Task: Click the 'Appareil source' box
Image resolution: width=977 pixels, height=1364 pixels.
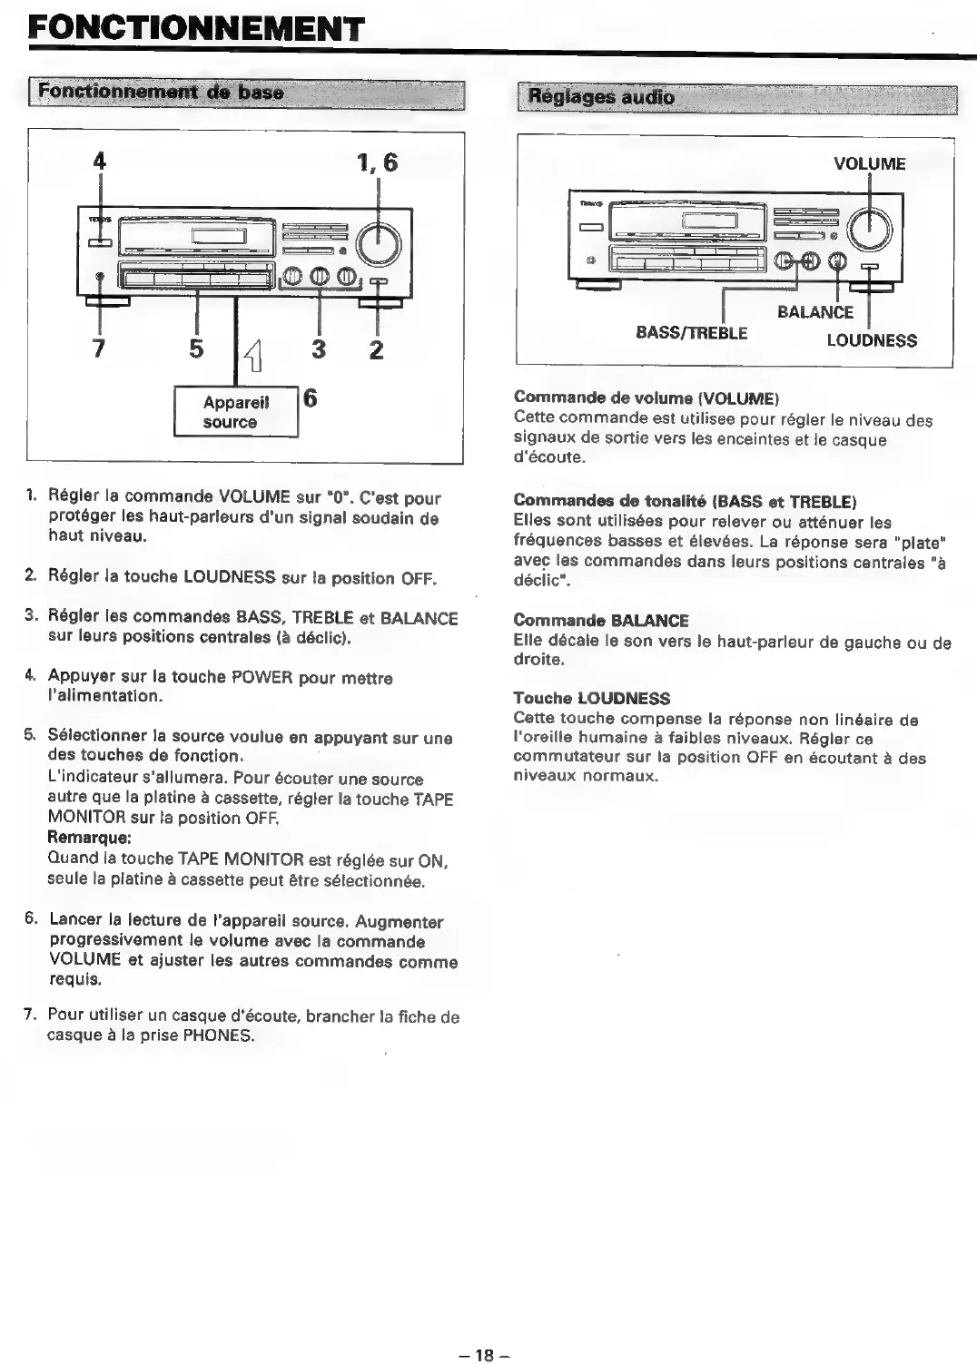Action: tap(231, 413)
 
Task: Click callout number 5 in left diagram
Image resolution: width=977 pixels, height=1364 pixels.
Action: tap(196, 348)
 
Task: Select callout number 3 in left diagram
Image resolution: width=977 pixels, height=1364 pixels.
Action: tap(319, 348)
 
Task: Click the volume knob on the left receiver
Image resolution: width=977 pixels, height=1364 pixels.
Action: tap(378, 242)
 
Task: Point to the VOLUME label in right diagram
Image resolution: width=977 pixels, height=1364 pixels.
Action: tap(869, 164)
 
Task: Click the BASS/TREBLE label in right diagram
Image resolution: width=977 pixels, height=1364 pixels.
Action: tap(692, 332)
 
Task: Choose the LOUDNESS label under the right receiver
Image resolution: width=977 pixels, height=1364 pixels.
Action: tap(872, 341)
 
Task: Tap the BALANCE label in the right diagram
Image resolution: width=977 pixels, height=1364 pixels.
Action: tap(815, 312)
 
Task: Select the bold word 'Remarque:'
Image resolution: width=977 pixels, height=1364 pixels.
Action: tap(90, 838)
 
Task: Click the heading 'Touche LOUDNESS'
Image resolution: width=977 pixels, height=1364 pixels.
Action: tap(591, 698)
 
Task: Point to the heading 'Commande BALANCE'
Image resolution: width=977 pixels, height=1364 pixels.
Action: tap(600, 621)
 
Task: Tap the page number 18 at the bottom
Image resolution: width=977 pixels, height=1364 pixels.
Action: tap(484, 1355)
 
